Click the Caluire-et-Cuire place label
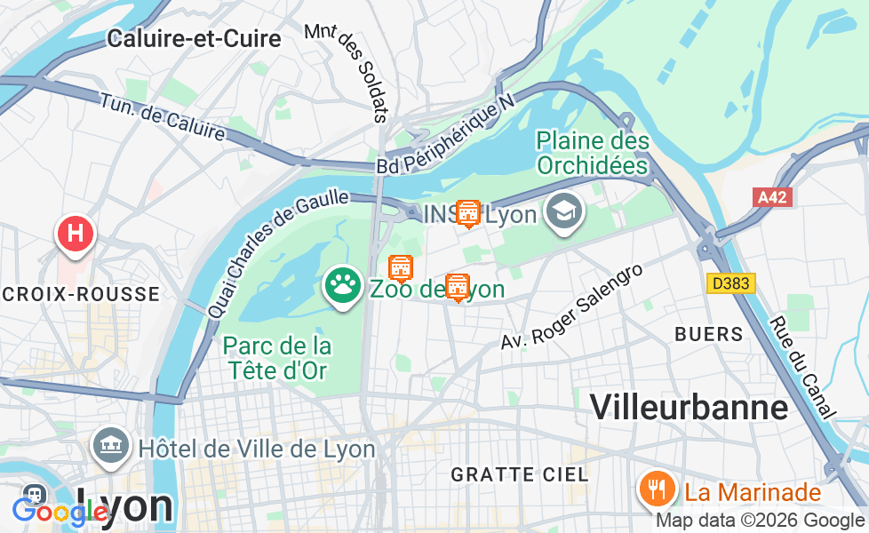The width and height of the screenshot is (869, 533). (194, 38)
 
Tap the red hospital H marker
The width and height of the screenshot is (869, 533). (76, 234)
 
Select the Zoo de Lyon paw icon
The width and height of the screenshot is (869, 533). (342, 286)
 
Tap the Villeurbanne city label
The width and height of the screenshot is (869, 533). (689, 407)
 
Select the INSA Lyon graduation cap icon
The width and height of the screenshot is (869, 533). (563, 212)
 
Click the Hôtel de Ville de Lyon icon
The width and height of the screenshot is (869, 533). (111, 446)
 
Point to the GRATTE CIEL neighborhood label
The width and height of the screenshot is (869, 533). (520, 474)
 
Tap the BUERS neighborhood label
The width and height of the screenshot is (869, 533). (709, 334)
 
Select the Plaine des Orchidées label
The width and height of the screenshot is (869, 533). (593, 153)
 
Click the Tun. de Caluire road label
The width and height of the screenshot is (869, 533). (162, 116)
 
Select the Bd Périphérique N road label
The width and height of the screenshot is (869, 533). (446, 136)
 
